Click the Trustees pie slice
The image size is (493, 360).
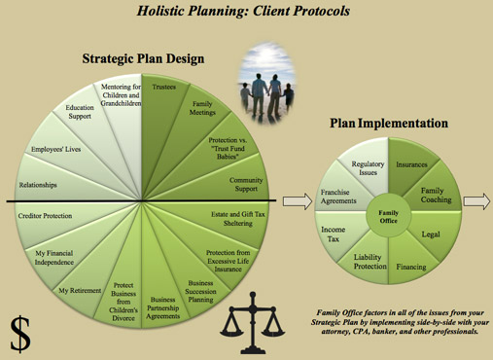click(x=164, y=90)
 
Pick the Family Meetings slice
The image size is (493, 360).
click(x=202, y=109)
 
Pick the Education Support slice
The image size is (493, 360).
click(x=80, y=114)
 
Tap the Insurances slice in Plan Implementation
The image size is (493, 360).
click(x=411, y=165)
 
